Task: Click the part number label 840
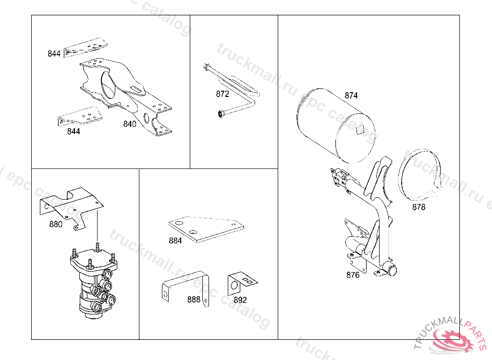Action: [x=130, y=124]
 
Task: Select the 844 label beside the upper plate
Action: [x=54, y=54]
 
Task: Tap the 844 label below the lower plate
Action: [x=74, y=132]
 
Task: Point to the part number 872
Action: [x=222, y=94]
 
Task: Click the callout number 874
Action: [x=351, y=96]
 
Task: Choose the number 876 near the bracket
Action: [x=353, y=275]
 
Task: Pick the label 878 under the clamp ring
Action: [x=419, y=207]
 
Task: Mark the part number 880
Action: [x=56, y=224]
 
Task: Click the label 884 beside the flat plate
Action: [x=175, y=240]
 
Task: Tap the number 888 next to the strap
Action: [x=194, y=300]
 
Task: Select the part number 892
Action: [x=240, y=300]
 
